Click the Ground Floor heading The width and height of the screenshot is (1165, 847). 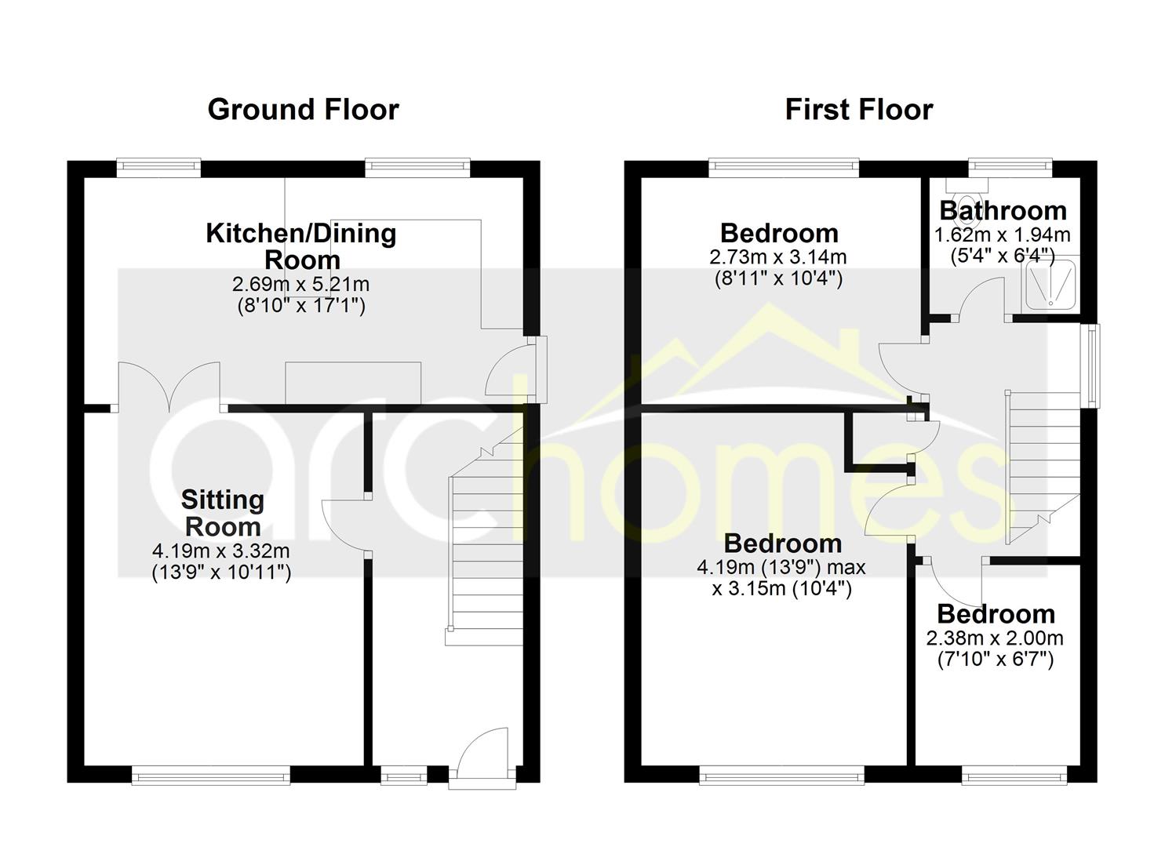303,111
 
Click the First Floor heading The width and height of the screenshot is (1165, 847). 859,111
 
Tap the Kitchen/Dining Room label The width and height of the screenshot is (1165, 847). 301,246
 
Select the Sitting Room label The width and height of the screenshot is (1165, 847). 223,513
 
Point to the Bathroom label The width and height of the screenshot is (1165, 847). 1003,211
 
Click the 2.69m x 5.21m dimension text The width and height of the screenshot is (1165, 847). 301,285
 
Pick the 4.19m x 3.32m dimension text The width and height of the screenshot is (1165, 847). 221,550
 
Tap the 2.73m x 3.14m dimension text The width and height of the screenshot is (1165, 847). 778,257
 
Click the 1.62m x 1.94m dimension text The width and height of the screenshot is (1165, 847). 1003,235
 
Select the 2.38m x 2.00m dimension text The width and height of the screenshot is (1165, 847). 995,638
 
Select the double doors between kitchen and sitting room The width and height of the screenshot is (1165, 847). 169,387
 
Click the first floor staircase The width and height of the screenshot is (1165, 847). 1043,468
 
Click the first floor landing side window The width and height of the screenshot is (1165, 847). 1092,366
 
